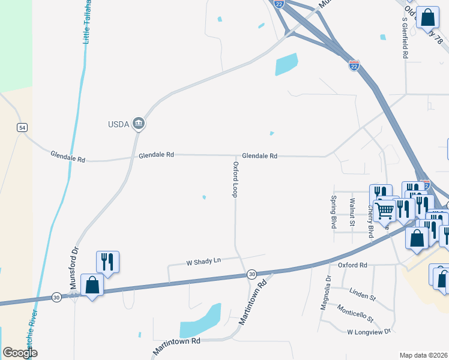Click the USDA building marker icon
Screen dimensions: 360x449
[x=139, y=124]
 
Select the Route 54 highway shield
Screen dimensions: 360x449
[x=22, y=128]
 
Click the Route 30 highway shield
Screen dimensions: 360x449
[x=252, y=274]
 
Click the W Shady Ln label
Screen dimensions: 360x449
[x=204, y=261]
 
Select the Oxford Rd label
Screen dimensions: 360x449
[x=352, y=265]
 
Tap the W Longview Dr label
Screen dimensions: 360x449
[x=369, y=331]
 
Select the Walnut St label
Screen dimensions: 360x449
[x=352, y=212]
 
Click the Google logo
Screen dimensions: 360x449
[x=20, y=353]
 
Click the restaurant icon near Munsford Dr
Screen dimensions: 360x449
[x=107, y=262]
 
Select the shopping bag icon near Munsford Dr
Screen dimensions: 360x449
[x=92, y=284]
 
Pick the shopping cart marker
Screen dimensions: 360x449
[x=385, y=211]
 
